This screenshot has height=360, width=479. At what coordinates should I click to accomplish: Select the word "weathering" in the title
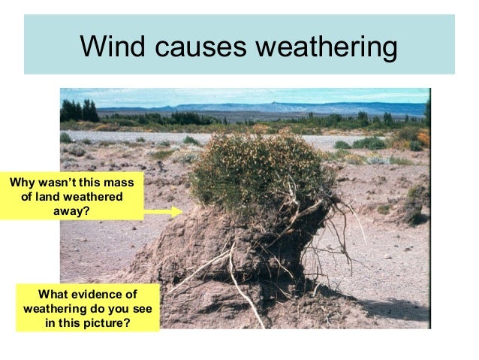tap(326, 47)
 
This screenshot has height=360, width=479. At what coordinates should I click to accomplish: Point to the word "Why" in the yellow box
tap(22, 182)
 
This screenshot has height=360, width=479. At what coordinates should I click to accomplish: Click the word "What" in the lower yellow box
tap(54, 294)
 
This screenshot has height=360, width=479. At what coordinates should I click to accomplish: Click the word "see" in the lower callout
tap(143, 308)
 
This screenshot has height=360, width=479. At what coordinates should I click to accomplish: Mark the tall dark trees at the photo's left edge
tap(79, 111)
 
